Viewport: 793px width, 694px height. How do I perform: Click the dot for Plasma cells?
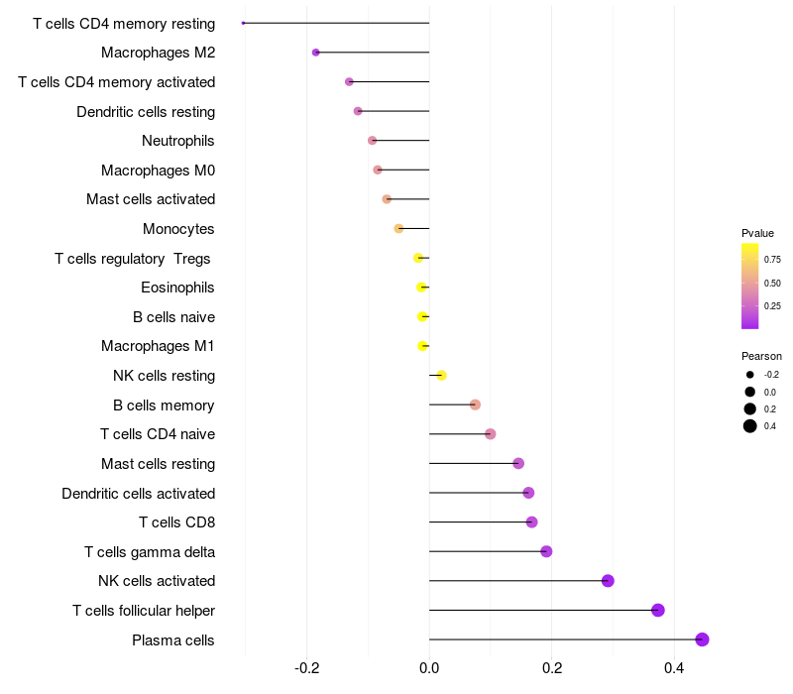point(702,639)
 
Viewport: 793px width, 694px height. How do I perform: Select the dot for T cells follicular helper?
point(657,610)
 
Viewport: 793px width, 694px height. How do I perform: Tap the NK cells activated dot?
point(608,581)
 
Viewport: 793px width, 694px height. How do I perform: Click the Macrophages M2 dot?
point(315,53)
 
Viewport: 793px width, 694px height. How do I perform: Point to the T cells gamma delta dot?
point(546,551)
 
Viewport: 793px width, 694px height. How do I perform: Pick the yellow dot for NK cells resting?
point(441,375)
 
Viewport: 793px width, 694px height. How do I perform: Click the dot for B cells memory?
point(475,405)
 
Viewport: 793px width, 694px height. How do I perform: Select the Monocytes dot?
point(398,228)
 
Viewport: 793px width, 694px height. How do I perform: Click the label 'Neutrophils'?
point(178,141)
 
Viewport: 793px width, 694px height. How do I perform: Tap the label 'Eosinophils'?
point(178,288)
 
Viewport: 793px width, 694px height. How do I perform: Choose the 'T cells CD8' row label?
point(177,522)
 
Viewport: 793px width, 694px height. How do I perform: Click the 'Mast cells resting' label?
point(159,464)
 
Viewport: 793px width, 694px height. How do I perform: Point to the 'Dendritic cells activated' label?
point(139,494)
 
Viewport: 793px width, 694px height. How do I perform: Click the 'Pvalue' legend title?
point(757,233)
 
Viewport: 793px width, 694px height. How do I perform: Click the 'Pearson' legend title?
point(761,356)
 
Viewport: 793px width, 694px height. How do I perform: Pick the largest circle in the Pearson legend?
point(750,426)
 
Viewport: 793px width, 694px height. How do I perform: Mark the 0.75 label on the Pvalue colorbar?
point(772,260)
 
